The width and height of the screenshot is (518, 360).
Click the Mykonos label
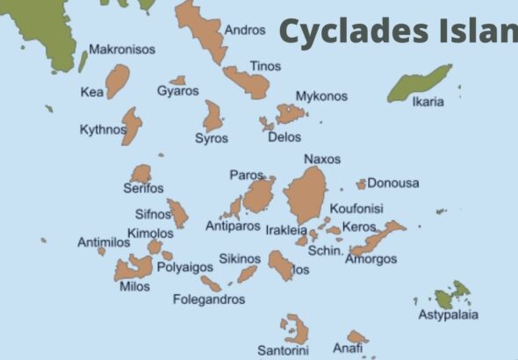click(x=321, y=97)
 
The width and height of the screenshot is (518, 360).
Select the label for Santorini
click(x=283, y=350)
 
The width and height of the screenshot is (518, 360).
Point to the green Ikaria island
click(x=420, y=84)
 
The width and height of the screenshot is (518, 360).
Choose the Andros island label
click(x=245, y=30)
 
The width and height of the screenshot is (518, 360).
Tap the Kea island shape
click(x=117, y=81)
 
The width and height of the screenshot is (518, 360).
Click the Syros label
click(x=212, y=139)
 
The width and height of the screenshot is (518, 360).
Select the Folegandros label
click(x=208, y=299)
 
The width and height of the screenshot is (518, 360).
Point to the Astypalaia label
click(x=448, y=315)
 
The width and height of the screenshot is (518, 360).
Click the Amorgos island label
click(x=371, y=259)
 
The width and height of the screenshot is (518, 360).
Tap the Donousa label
click(x=392, y=184)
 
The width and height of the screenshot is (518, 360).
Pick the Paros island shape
click(x=259, y=195)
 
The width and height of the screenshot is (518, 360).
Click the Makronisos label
click(x=122, y=49)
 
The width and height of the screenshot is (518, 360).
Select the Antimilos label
click(x=103, y=242)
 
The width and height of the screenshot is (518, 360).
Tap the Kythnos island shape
click(x=132, y=125)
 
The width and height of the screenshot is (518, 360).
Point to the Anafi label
click(x=348, y=348)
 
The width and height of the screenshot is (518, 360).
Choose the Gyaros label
click(x=177, y=91)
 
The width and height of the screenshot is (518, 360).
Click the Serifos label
click(x=143, y=189)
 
